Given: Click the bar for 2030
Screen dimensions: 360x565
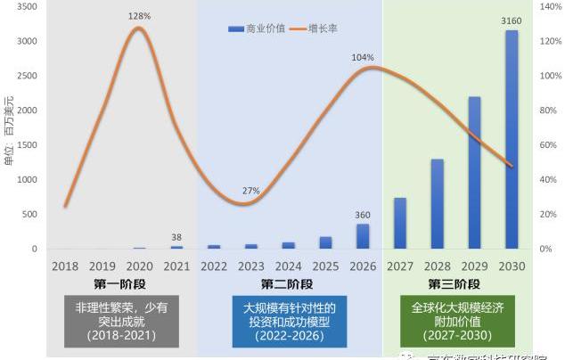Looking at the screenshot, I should pos(512,140).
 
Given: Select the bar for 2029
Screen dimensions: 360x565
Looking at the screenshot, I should pos(474,173).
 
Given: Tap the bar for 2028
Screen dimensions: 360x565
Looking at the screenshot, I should pos(438,204).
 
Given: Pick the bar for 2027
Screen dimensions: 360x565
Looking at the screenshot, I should pos(400,224).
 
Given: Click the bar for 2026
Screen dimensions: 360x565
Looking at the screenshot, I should pos(363,237).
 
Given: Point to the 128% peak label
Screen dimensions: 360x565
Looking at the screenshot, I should pos(140,16).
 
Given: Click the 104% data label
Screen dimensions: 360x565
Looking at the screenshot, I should pos(362,58).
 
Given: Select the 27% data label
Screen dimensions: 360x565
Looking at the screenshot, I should pos(250,191).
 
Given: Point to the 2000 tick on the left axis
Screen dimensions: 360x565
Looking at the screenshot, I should pos(27,110).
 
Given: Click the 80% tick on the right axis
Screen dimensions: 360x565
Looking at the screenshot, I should pos(548,110).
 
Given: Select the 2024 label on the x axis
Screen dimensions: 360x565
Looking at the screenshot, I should pos(288,266).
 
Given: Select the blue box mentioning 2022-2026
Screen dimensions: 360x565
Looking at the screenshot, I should pos(289,322).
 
